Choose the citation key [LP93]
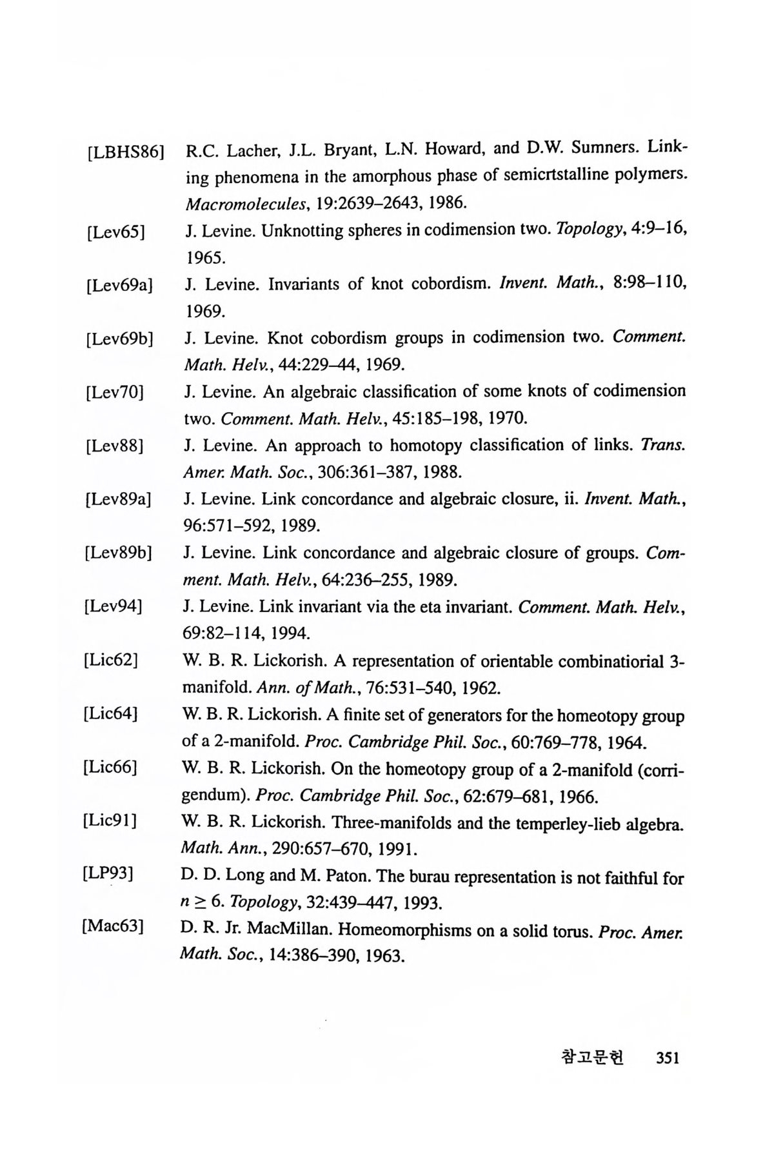[108, 874]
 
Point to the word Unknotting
[301, 231]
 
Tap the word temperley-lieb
[562, 822]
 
